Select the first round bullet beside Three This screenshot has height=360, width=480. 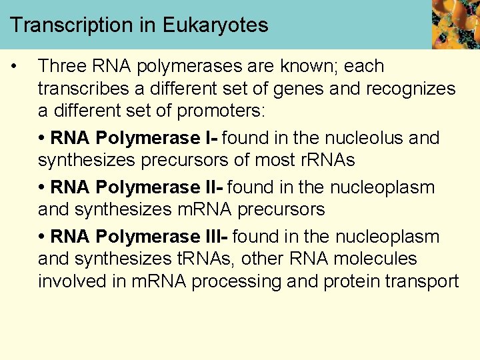14,67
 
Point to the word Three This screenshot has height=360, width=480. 64,67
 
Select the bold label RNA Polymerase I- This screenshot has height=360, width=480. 133,138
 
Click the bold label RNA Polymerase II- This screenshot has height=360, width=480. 136,188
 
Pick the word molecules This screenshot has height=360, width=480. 374,259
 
